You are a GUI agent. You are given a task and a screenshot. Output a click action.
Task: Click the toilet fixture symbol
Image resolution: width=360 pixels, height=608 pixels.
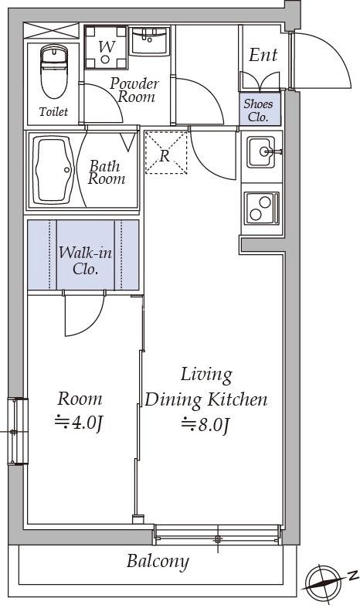pos(54,71)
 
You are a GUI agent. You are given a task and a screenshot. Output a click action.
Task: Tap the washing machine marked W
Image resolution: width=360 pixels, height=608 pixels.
pos(106,47)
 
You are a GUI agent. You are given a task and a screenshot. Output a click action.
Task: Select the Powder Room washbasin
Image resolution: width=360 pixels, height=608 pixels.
pos(149,41)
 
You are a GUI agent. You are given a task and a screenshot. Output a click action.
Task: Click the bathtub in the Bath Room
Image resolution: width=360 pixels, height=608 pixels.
pos(53,170)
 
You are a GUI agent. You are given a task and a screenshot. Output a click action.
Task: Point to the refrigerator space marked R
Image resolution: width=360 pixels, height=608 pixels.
pos(165,152)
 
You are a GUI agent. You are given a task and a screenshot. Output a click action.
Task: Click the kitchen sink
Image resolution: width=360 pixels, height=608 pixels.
pos(262,151)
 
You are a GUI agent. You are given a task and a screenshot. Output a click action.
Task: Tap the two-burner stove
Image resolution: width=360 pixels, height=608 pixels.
pos(261,208)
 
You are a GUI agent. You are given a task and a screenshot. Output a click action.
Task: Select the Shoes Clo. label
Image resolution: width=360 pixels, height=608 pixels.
pos(258,110)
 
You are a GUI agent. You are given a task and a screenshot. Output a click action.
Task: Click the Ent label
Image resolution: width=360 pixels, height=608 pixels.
pos(263,55)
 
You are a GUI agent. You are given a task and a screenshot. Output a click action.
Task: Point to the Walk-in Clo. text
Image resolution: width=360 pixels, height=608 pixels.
pos(85,260)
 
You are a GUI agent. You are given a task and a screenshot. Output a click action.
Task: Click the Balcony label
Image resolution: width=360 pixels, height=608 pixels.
pos(158,562)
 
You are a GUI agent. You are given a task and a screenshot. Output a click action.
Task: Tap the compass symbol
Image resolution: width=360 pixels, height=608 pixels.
pos(323,582)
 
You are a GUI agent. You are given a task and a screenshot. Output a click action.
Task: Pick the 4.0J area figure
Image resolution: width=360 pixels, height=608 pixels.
pos(79,423)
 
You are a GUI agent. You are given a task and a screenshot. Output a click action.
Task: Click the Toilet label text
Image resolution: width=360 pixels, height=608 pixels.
pos(53,112)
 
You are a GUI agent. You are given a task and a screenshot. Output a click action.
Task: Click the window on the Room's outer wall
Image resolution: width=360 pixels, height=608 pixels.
pos(18,431)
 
